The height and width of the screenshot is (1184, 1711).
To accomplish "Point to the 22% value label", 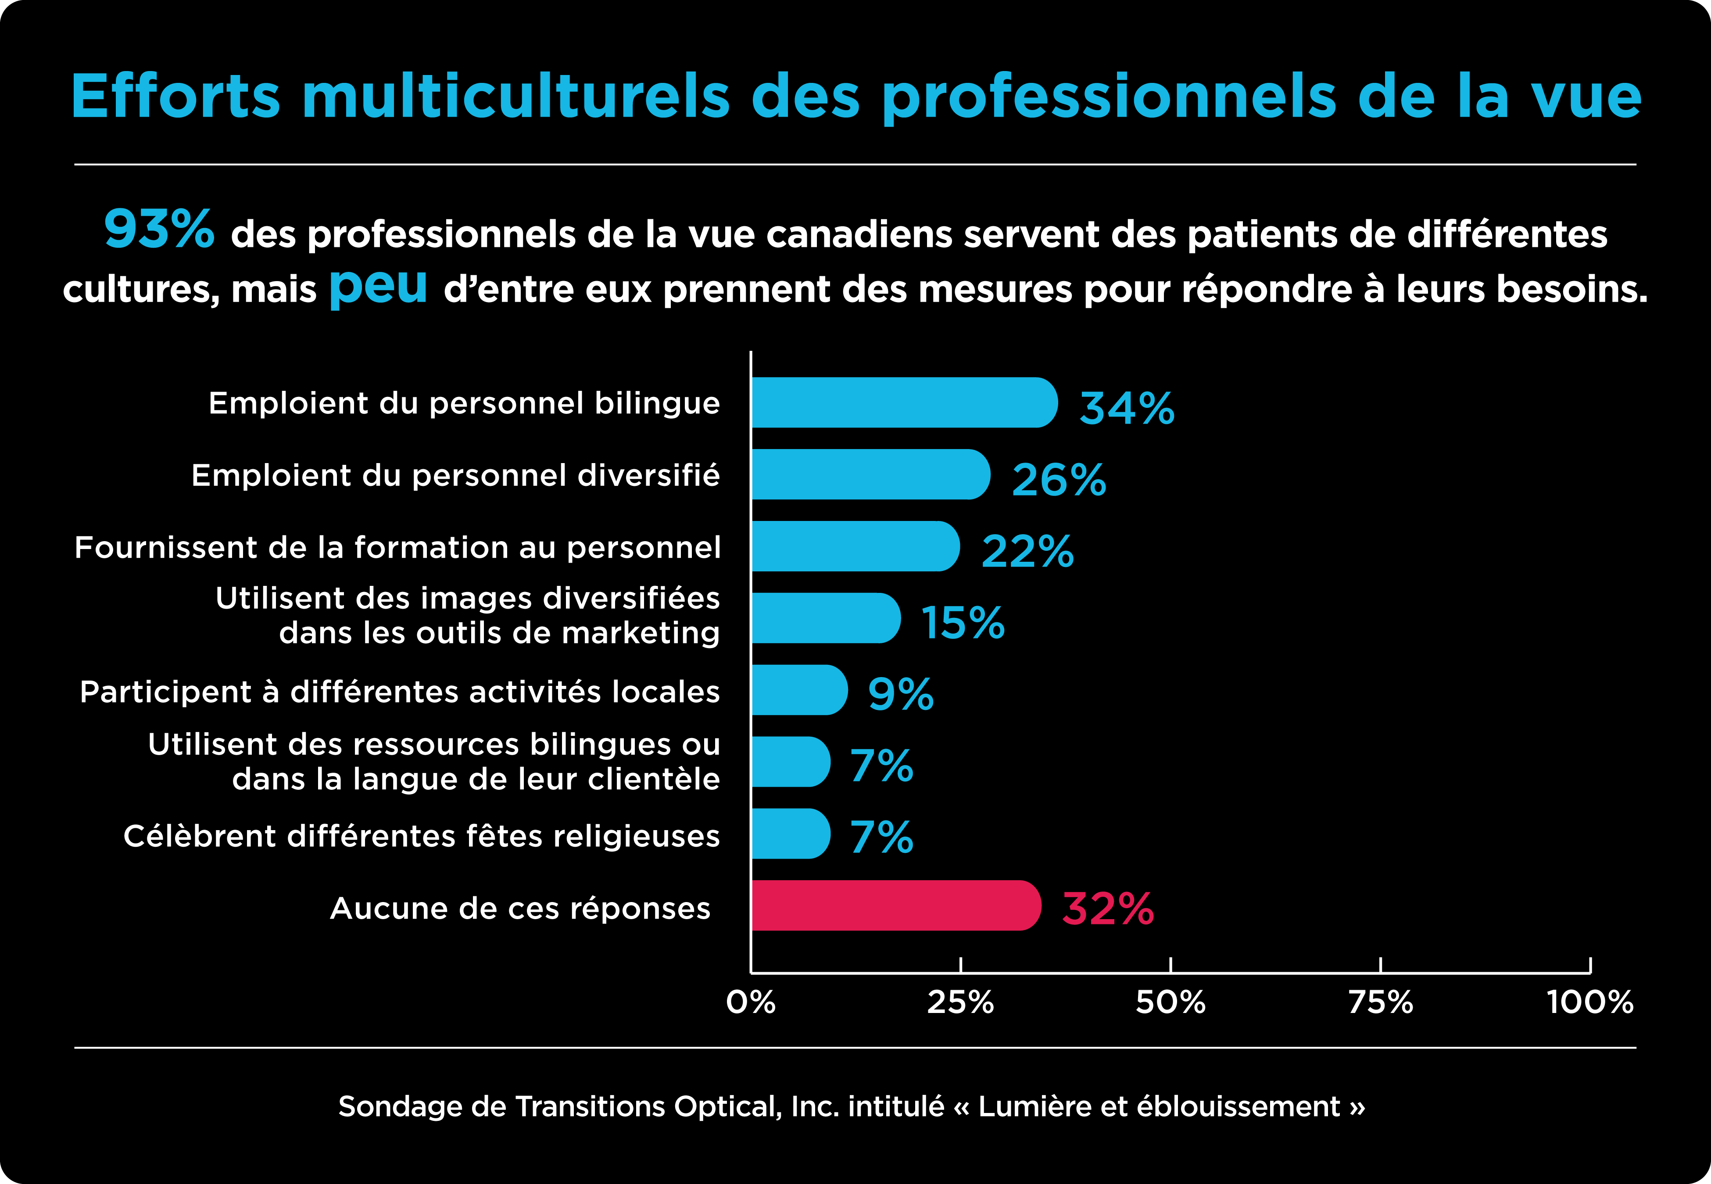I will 1027,551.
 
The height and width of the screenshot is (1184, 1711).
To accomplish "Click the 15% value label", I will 963,622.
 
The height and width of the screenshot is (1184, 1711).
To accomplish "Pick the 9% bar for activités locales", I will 798,690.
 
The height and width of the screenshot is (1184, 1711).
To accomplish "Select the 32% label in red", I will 1108,909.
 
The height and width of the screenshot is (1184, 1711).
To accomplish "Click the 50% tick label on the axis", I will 1170,1003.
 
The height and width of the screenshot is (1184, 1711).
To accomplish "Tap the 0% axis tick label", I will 751,1003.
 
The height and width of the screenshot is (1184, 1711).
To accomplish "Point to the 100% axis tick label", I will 1590,1003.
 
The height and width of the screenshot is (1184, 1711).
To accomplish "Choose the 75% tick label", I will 1380,1003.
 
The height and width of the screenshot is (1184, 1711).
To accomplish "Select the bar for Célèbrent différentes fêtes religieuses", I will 790,834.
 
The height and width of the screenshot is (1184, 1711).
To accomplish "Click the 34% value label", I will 1126,408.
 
